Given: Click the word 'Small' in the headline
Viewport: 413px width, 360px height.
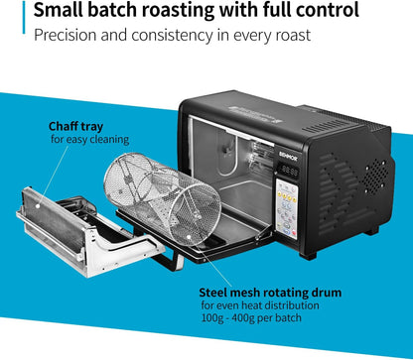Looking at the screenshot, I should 62,13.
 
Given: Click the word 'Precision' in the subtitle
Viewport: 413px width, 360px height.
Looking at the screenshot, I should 70,36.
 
